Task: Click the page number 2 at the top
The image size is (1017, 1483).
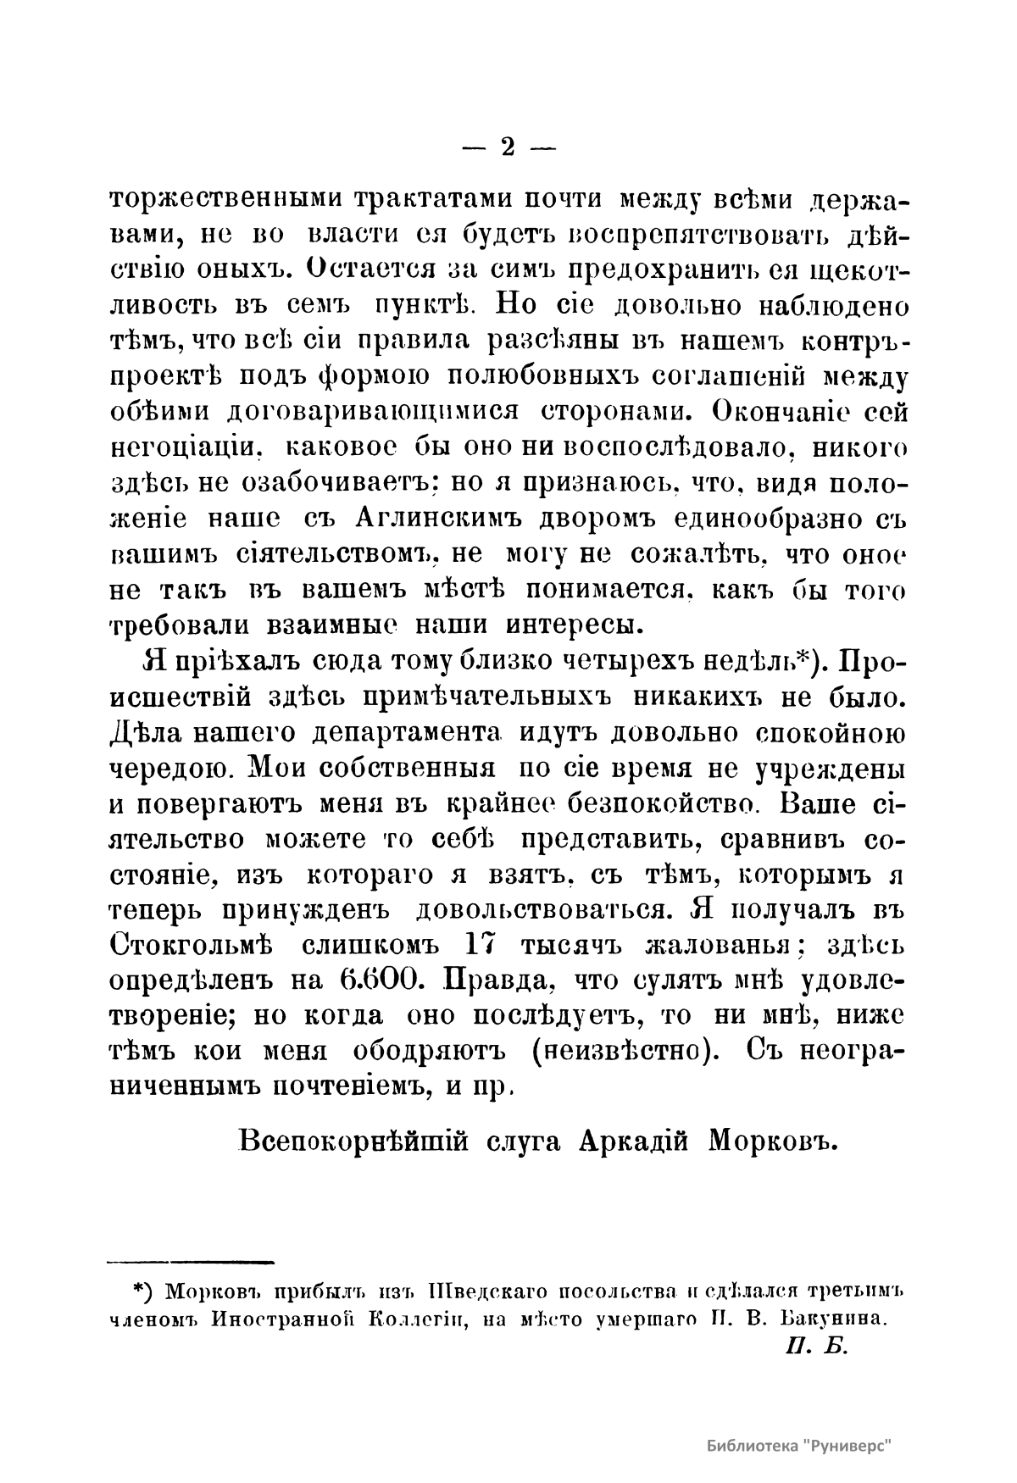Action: tap(508, 147)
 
